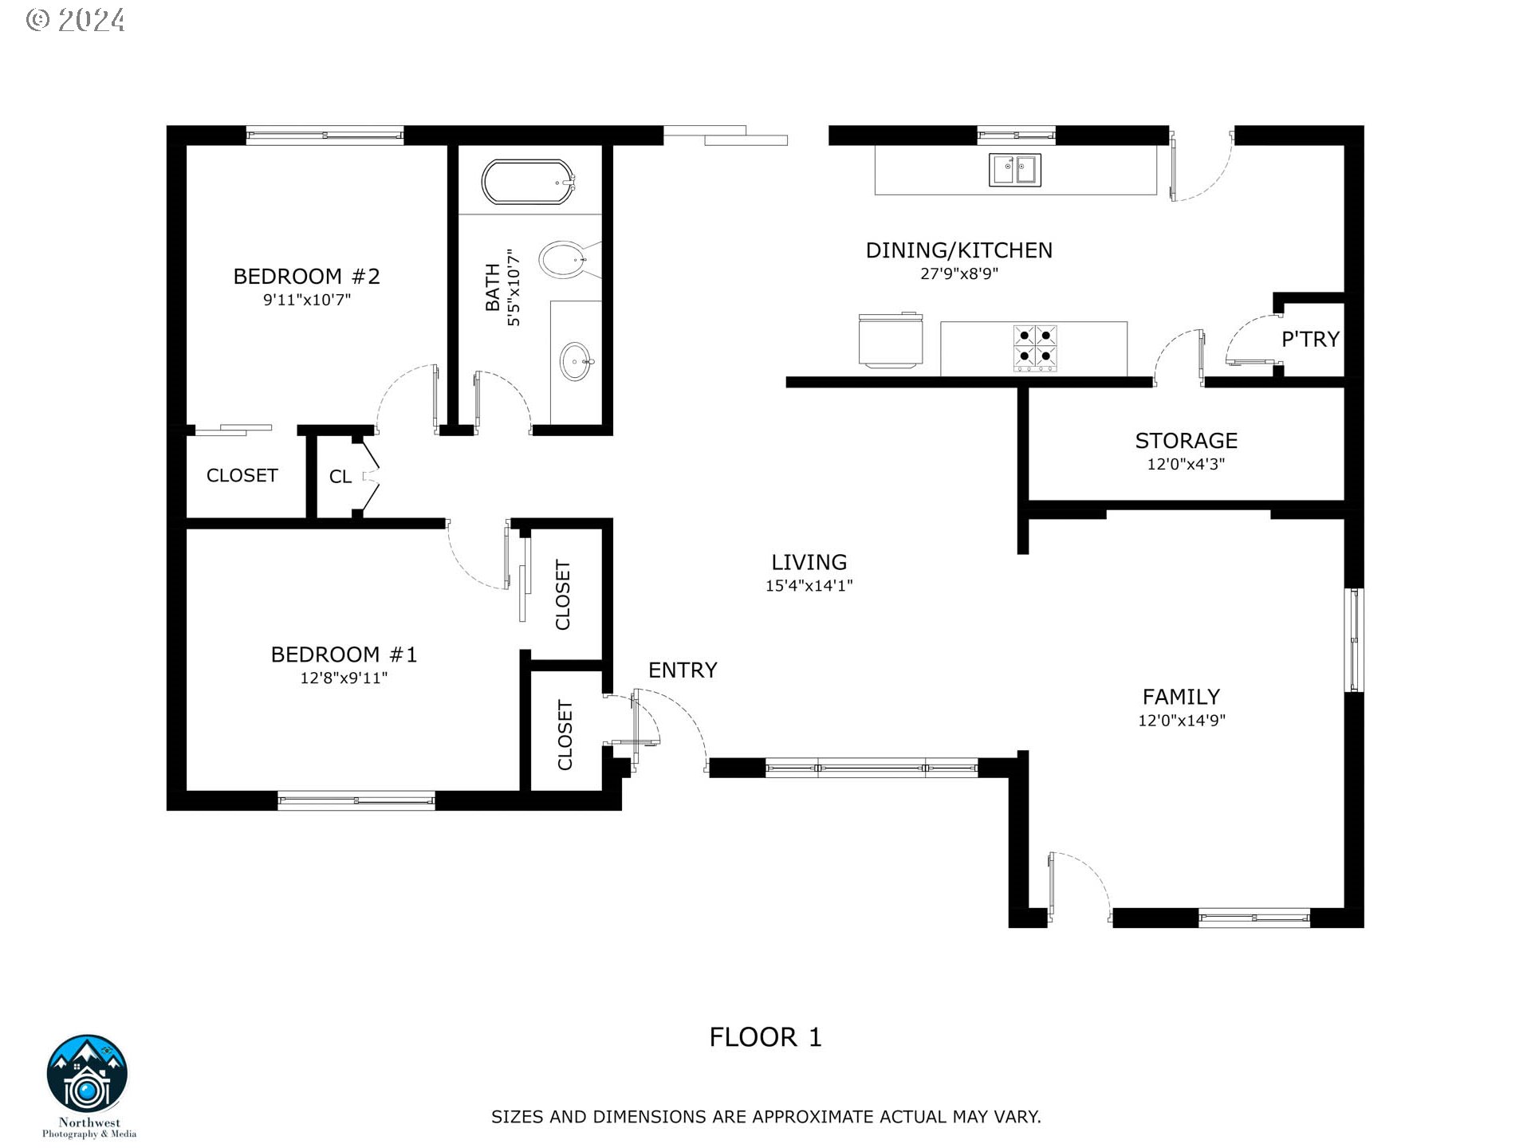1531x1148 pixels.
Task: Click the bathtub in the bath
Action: pos(528,183)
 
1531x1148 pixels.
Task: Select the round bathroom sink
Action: pos(577,362)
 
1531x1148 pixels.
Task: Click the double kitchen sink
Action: pos(1015,170)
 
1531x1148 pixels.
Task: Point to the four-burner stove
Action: pos(1035,347)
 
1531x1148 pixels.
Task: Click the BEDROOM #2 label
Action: pos(307,277)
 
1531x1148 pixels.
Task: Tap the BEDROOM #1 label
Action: pos(344,655)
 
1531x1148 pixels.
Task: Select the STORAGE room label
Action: pos(1187,441)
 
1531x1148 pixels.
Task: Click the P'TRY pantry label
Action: pos(1310,340)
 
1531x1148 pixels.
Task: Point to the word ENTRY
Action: pos(683,670)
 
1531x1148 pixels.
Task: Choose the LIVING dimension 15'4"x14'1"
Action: pos(809,586)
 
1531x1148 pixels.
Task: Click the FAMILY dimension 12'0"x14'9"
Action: pos(1182,721)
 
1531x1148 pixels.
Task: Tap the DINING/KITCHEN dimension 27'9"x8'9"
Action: pos(959,274)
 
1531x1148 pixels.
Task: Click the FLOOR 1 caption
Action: pos(765,1037)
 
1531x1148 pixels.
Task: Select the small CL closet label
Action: pos(340,477)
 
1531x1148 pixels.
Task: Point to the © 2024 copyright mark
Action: pos(76,20)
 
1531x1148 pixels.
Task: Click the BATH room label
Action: pos(493,288)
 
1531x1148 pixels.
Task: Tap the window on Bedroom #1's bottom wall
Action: pos(356,800)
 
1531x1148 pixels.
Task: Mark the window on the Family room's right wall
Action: pos(1354,640)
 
